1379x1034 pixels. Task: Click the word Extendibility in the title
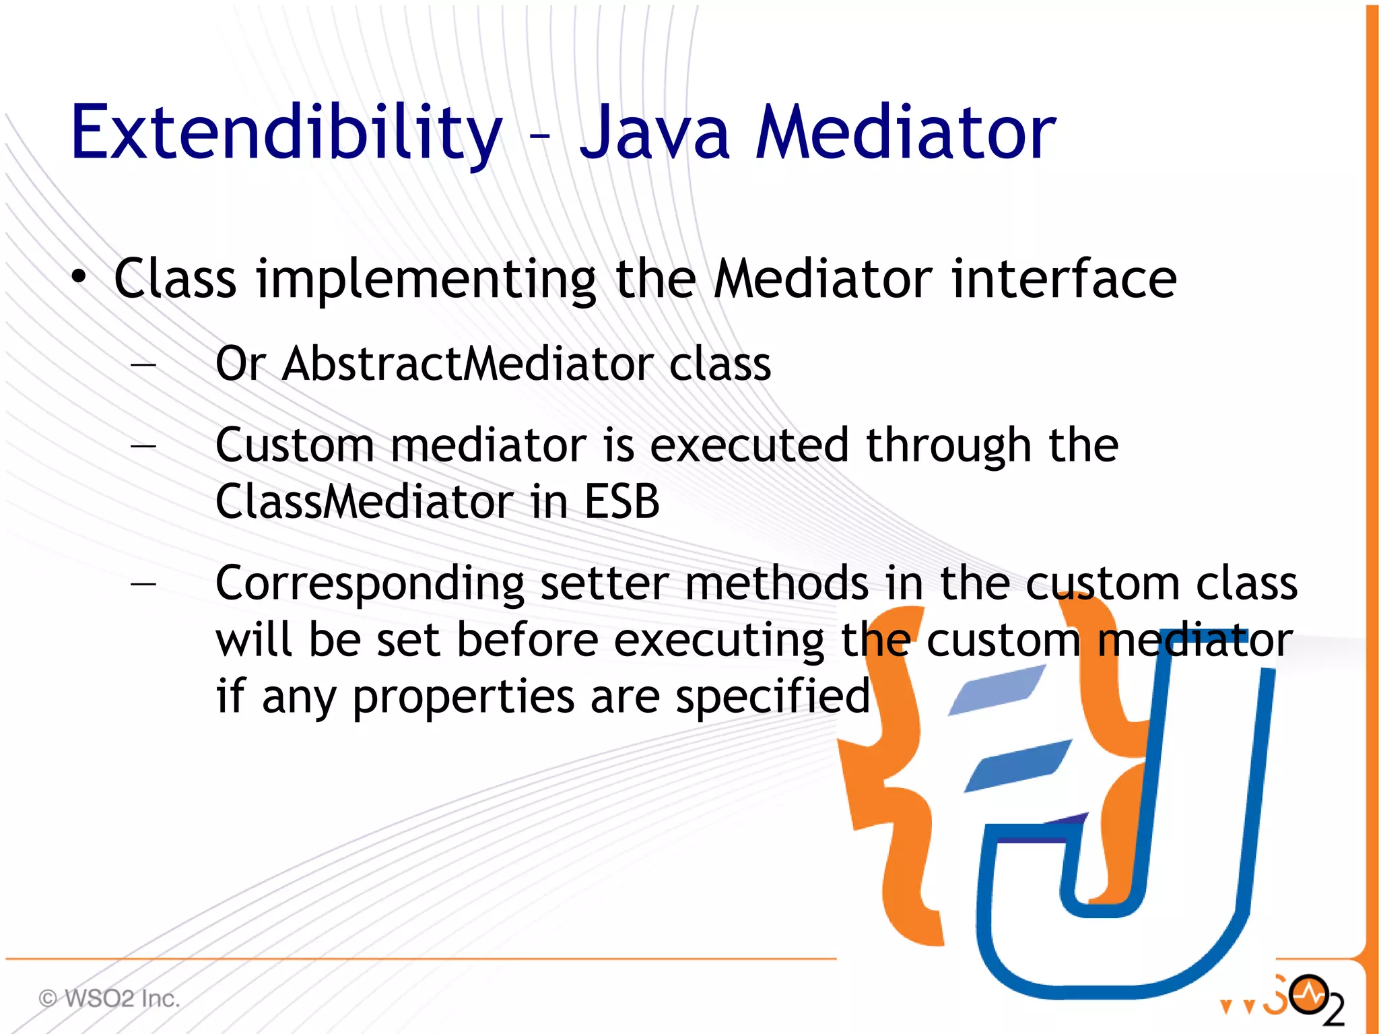[286, 133]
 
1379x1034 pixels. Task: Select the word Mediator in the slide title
[905, 133]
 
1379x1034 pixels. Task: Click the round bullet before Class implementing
[79, 277]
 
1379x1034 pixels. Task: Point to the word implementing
[426, 280]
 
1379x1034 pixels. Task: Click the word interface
[1063, 279]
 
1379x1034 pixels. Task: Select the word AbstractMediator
[467, 364]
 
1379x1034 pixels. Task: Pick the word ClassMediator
[364, 502]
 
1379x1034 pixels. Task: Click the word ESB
[621, 502]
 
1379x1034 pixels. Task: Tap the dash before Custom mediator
[143, 446]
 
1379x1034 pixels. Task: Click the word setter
[604, 583]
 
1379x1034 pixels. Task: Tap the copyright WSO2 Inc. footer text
[109, 998]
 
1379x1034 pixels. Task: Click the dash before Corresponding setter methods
[143, 583]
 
